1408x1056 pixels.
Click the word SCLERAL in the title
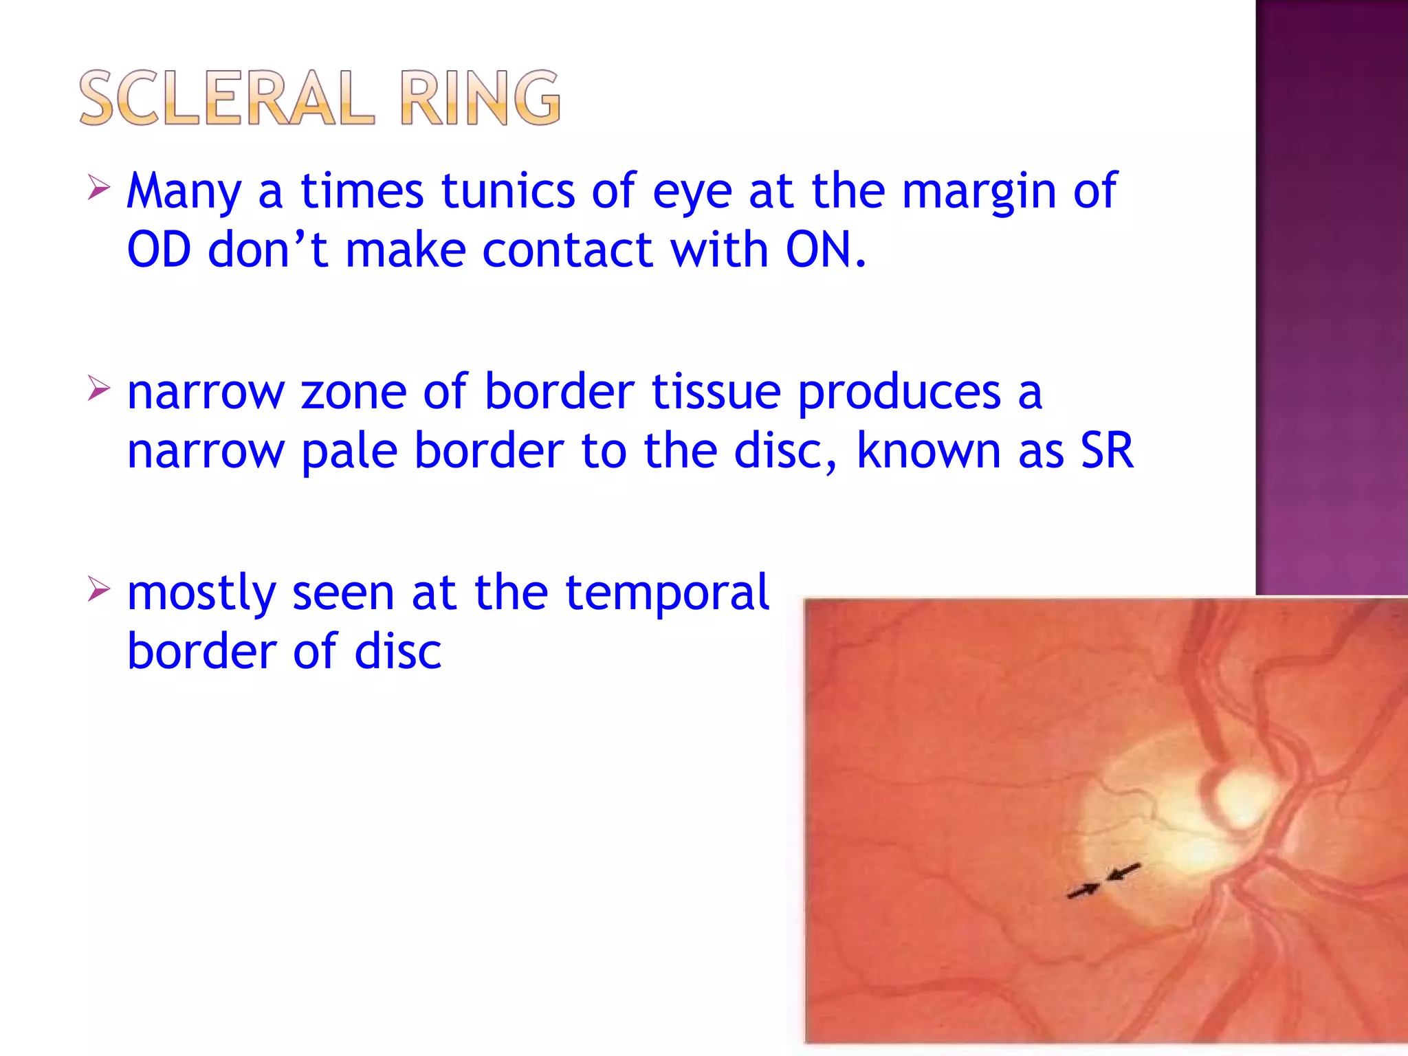[227, 98]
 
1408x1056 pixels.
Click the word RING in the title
[480, 98]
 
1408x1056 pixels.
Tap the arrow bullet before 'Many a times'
[98, 187]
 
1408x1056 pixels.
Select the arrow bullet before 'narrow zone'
[98, 388]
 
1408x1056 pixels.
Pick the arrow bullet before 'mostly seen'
[98, 589]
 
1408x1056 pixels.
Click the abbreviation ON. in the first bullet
[826, 250]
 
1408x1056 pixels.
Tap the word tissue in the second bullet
[716, 392]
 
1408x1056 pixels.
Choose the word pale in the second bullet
[349, 452]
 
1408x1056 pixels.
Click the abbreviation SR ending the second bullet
[1106, 451]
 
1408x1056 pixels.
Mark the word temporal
[666, 593]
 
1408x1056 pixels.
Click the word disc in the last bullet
[397, 652]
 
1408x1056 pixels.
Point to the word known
[928, 451]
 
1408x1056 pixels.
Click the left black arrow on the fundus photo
[1083, 891]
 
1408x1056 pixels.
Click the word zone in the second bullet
[353, 392]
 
